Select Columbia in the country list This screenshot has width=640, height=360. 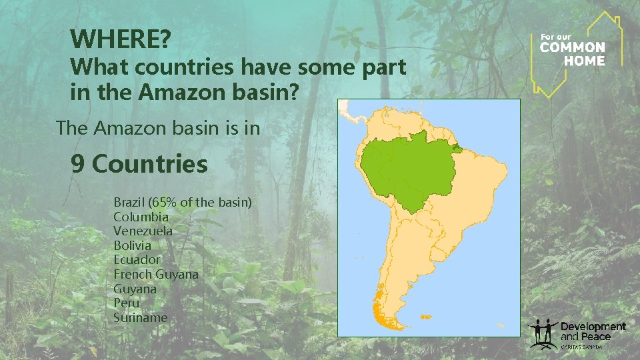(x=141, y=217)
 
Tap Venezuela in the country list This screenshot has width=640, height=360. (x=143, y=231)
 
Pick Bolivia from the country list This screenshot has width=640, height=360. (x=132, y=246)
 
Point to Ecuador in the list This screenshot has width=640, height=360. (x=137, y=260)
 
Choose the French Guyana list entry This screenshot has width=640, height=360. (x=155, y=275)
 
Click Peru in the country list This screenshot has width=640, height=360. (x=126, y=303)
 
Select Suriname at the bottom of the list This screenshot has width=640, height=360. (x=140, y=318)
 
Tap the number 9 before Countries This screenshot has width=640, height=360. (x=78, y=163)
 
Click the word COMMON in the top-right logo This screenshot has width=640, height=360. (x=572, y=47)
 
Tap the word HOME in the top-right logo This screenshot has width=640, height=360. (x=585, y=61)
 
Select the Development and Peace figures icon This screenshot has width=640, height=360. (x=543, y=333)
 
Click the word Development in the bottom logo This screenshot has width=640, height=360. (x=593, y=326)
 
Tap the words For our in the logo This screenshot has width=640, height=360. (x=553, y=36)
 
